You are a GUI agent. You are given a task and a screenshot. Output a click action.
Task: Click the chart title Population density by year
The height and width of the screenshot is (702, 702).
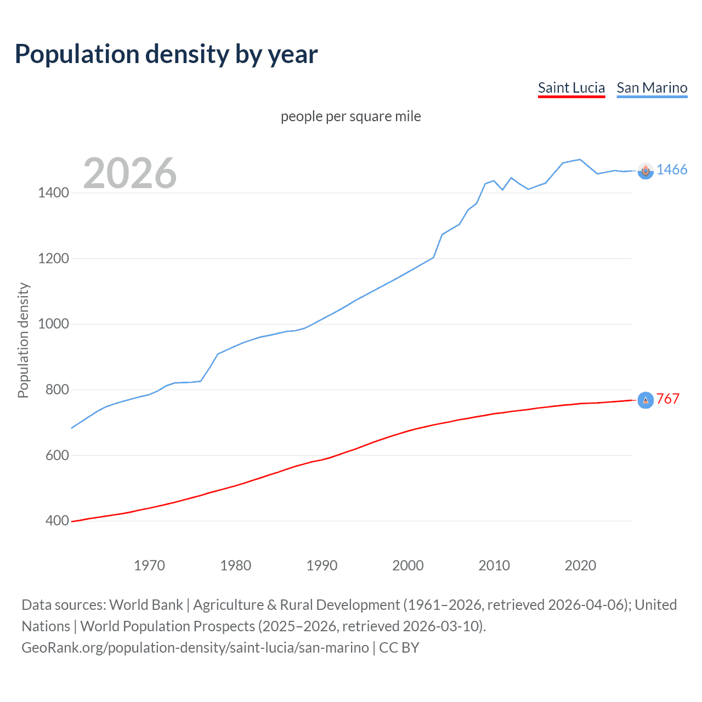[x=166, y=54]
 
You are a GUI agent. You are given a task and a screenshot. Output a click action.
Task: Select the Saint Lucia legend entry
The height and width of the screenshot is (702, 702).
[x=571, y=88]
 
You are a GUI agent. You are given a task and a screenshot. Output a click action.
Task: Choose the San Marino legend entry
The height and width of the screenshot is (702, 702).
[x=652, y=88]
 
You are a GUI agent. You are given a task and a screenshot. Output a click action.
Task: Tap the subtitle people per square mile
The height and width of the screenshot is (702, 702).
[x=350, y=116]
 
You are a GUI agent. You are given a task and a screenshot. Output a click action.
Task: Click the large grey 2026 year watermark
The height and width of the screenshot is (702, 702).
[x=130, y=173]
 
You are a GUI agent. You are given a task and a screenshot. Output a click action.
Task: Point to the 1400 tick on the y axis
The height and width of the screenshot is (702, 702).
[x=53, y=193]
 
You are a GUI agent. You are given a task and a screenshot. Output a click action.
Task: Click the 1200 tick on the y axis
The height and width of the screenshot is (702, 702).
[x=53, y=258]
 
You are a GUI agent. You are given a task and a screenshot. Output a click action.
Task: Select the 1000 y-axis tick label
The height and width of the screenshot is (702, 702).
[x=53, y=324]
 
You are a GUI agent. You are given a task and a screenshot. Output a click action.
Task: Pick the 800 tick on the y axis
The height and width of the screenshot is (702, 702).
[x=56, y=389]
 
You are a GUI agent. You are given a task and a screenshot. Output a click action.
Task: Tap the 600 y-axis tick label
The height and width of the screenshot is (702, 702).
[x=56, y=455]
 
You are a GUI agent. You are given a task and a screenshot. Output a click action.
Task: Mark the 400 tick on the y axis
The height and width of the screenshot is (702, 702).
[x=56, y=520]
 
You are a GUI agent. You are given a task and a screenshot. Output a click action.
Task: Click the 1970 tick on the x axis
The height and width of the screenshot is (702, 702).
[x=149, y=565]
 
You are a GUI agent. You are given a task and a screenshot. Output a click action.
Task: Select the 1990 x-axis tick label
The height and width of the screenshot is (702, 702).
[x=322, y=565]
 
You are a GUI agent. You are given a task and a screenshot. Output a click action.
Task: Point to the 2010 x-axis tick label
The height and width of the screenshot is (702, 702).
[x=494, y=565]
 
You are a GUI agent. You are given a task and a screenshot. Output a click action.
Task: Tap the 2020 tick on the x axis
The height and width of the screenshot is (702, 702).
[x=580, y=565]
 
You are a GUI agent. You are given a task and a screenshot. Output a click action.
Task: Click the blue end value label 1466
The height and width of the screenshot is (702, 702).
[x=672, y=169]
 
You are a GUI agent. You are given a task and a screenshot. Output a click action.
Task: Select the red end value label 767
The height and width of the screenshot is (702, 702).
[x=667, y=399]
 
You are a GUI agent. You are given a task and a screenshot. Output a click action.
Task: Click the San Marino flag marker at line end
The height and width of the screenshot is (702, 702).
[x=646, y=171]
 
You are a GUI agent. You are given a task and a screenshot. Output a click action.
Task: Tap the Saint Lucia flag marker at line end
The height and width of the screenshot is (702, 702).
[x=646, y=400]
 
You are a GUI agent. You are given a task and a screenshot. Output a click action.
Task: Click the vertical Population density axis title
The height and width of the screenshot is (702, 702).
[x=23, y=340]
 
